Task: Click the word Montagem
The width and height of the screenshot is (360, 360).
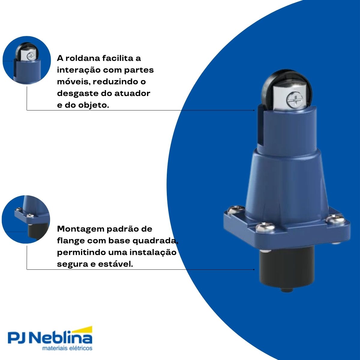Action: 80,229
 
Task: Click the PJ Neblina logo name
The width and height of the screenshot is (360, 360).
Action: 49,338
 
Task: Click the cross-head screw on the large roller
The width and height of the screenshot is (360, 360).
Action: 294,100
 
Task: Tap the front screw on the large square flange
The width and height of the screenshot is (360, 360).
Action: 265,227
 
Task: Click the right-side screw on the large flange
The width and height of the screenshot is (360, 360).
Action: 335,219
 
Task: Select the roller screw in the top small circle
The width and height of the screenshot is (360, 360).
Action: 30,56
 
